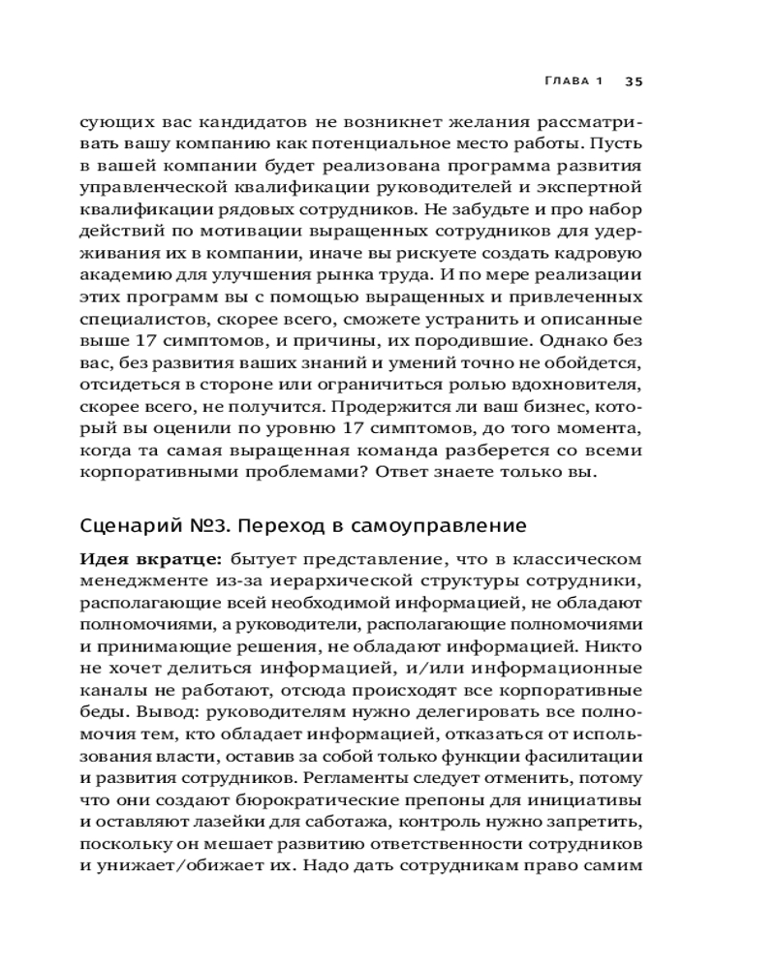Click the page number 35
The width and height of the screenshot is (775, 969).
634,81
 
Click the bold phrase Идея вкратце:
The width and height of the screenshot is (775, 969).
140,559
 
